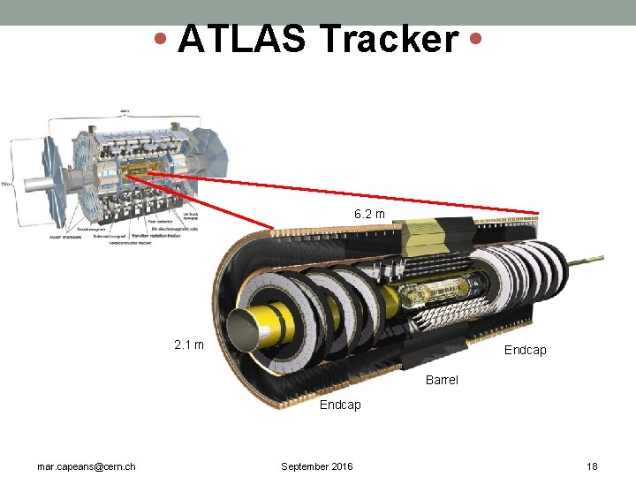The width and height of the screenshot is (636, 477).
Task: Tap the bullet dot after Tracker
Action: pos(476,39)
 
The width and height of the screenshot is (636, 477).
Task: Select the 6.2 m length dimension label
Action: pos(369,214)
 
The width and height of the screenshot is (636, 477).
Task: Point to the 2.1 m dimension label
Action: pos(189,344)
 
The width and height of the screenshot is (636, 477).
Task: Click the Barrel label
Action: pos(442,380)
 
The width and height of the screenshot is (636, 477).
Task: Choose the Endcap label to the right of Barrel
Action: pos(525,350)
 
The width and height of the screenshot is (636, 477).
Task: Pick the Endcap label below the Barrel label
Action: pos(340,405)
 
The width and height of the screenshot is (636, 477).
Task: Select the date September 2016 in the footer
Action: pos(316,466)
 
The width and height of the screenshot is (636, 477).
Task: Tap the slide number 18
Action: pos(592,466)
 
